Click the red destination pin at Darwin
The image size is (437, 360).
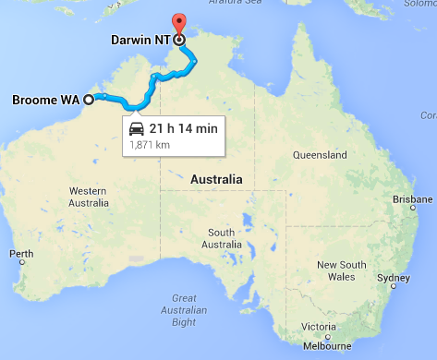(x=179, y=24)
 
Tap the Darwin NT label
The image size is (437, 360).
(x=140, y=40)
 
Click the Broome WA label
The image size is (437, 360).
(x=44, y=99)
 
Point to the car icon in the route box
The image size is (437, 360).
(x=137, y=128)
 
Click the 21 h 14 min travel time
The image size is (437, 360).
(x=184, y=128)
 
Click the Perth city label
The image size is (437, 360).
(x=22, y=253)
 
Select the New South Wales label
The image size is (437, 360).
(x=341, y=270)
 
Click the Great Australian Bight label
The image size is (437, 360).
(x=182, y=309)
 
